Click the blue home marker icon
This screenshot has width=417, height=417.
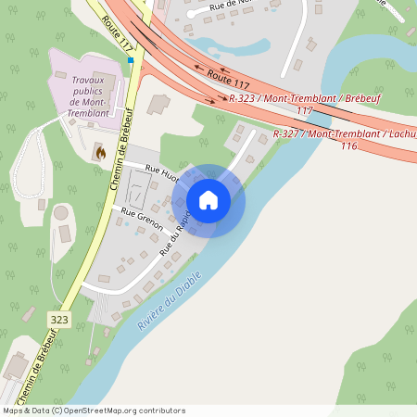[x=208, y=200]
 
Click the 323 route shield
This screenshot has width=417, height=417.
[x=59, y=318]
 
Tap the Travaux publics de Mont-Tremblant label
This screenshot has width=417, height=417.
[x=89, y=96]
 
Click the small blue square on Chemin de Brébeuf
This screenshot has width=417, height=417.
[x=132, y=60]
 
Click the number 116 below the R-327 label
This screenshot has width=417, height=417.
[x=348, y=146]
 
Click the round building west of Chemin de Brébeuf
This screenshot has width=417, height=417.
[x=60, y=213]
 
